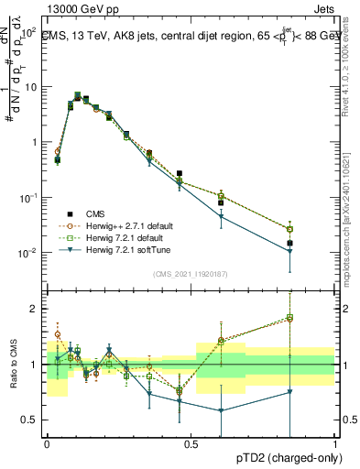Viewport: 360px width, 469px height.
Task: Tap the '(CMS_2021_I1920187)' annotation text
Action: [190, 273]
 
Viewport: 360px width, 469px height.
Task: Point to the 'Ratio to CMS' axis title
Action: [13, 365]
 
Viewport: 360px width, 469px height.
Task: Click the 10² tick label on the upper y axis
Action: [28, 32]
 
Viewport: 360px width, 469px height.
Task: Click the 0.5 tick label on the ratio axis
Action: [30, 420]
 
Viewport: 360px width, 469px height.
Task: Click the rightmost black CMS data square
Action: [315, 243]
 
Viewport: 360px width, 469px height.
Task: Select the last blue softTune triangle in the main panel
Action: [315, 252]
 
